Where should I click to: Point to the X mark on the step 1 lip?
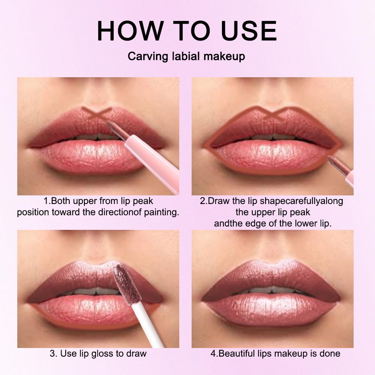point(97,114)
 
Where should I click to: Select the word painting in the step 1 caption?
point(161,212)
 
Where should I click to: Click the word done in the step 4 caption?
point(330,353)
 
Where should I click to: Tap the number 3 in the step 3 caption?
point(51,353)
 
